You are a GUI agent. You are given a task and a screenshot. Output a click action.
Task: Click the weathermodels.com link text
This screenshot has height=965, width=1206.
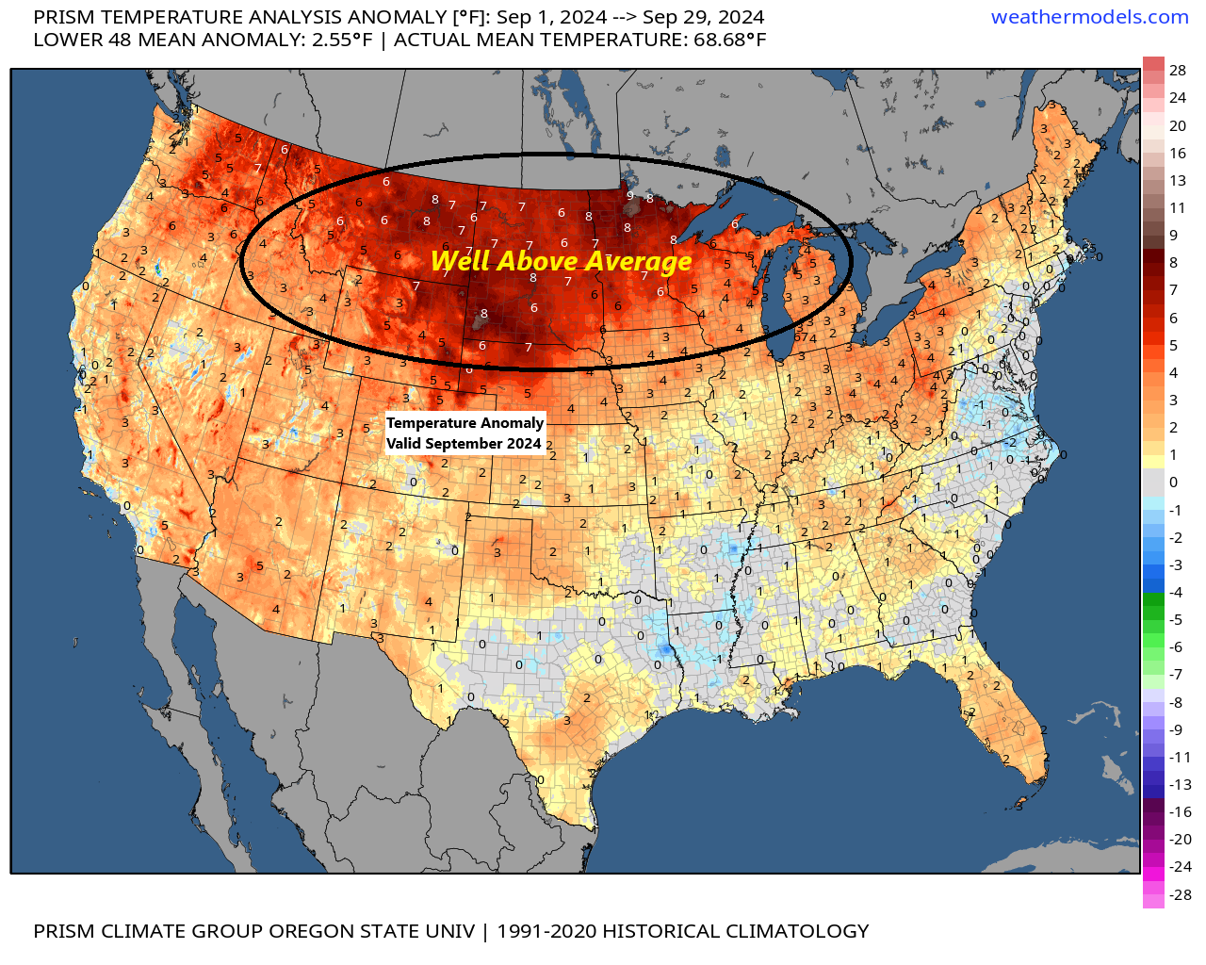[1089, 17]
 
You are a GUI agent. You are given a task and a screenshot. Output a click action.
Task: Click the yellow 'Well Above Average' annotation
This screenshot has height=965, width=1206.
[562, 261]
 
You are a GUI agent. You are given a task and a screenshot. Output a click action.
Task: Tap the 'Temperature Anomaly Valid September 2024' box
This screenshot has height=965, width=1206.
[465, 433]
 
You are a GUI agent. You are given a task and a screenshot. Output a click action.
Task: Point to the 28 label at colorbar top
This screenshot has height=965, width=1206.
[1178, 70]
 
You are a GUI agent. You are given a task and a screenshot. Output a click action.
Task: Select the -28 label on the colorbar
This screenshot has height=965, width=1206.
[1180, 894]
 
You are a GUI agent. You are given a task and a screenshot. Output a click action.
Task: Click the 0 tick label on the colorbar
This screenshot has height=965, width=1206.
[1173, 482]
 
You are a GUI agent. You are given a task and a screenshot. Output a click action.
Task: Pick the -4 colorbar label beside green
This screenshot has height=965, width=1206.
[1175, 592]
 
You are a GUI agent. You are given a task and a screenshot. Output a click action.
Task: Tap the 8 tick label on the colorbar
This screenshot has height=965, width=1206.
[1173, 262]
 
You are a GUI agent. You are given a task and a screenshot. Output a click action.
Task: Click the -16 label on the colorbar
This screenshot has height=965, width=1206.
[1180, 811]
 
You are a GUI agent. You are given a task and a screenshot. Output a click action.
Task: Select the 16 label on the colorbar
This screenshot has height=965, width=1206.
[1178, 153]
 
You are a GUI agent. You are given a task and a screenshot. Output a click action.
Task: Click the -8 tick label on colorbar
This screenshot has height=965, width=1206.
[1175, 702]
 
